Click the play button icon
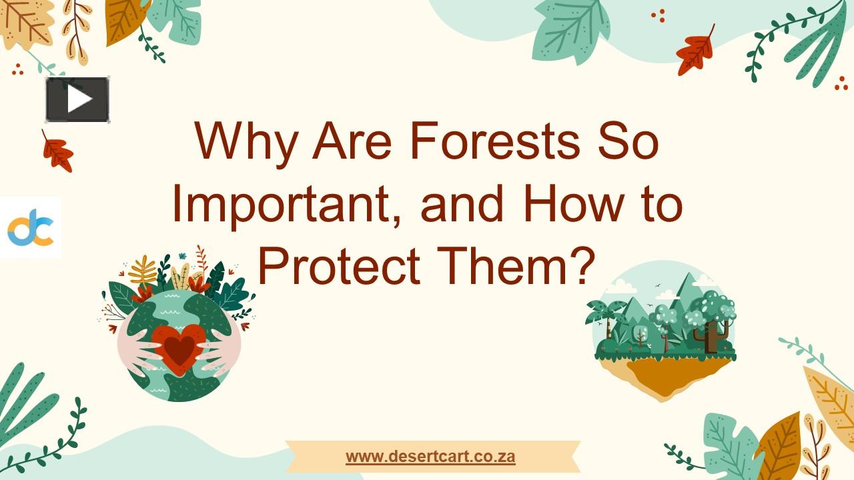point(77,99)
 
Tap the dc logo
point(30,227)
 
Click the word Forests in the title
point(494,141)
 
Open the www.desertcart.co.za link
point(430,457)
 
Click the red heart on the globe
point(179,347)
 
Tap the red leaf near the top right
point(695,52)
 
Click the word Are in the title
point(352,141)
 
